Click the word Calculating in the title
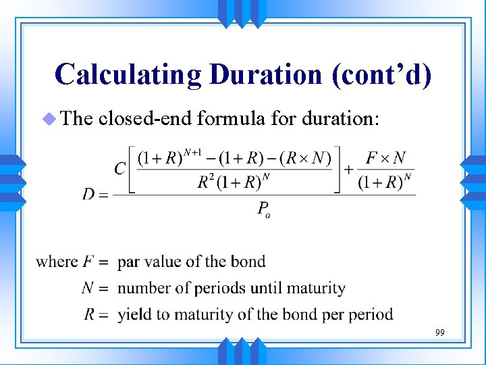pyautogui.click(x=128, y=74)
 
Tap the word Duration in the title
pyautogui.click(x=266, y=74)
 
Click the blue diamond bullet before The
pyautogui.click(x=48, y=119)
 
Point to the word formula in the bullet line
pyautogui.click(x=228, y=119)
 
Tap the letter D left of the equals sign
pyautogui.click(x=89, y=195)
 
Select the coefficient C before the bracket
pyautogui.click(x=120, y=168)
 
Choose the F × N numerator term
pyautogui.click(x=385, y=157)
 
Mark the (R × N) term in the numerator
pyautogui.click(x=308, y=158)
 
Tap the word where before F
pyautogui.click(x=56, y=262)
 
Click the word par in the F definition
pyautogui.click(x=130, y=262)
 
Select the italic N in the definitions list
pyautogui.click(x=87, y=288)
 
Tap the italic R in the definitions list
pyautogui.click(x=88, y=314)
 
